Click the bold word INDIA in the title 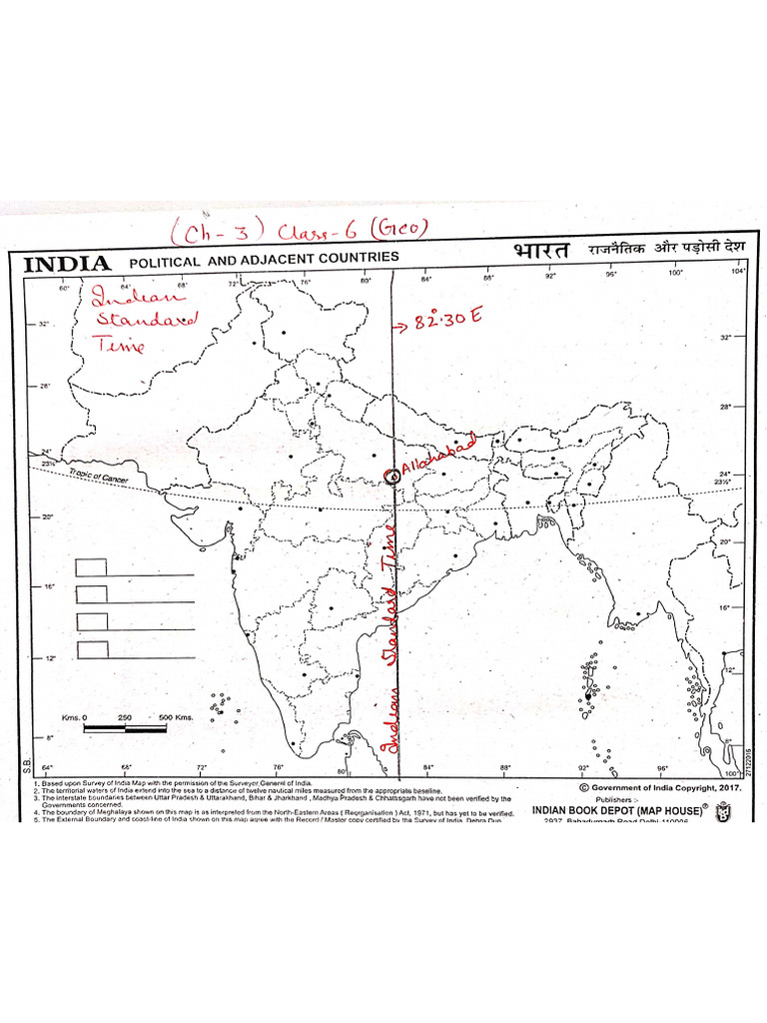pos(67,264)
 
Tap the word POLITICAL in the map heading pos(165,262)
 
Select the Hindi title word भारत pos(540,251)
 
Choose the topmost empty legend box pos(92,566)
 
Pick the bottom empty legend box pos(92,649)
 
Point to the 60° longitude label pos(66,288)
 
